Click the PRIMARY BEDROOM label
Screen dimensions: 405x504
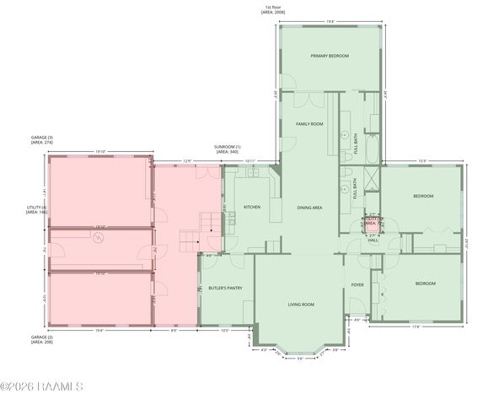coord(329,56)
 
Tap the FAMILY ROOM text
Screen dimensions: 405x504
coord(309,124)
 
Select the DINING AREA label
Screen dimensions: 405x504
coord(310,207)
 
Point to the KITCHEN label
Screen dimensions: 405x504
coord(252,207)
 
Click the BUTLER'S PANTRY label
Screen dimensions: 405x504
coord(225,288)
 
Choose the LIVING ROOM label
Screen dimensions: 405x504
coord(301,304)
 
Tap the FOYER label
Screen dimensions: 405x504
coord(357,284)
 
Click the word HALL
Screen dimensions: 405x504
coord(373,240)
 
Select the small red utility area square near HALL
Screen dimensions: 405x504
coord(372,224)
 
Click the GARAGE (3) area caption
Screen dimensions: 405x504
coord(42,140)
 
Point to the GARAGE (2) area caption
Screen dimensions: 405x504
coord(42,339)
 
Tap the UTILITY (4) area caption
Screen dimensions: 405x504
coord(36,210)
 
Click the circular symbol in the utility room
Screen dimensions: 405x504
coord(99,239)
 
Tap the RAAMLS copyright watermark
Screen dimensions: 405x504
coord(42,386)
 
